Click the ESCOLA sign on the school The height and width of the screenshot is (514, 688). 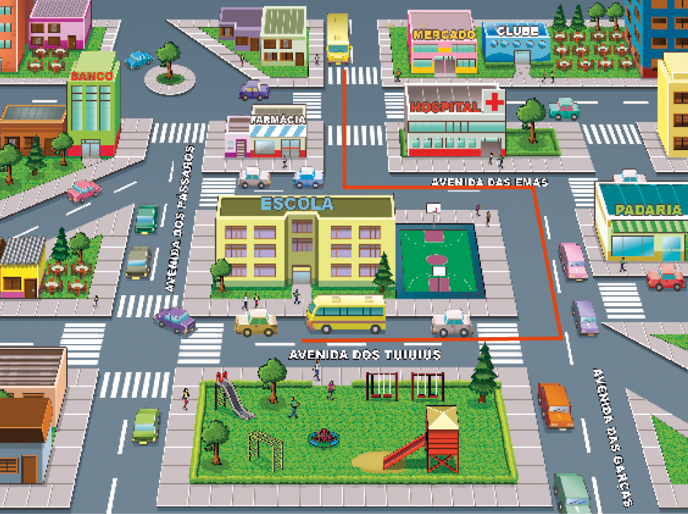(297, 204)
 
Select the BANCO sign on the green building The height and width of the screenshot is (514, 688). (92, 76)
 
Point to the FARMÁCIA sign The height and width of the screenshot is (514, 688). (278, 119)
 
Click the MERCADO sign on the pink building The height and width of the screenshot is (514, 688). (444, 34)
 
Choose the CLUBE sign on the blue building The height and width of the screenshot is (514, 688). (517, 32)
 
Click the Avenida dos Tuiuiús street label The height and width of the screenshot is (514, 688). (365, 355)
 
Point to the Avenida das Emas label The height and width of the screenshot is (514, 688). (489, 182)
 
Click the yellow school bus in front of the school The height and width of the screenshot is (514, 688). (346, 313)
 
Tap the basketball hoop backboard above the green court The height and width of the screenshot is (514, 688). (433, 207)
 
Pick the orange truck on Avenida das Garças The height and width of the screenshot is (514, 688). (555, 406)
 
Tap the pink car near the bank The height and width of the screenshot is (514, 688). (84, 190)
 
